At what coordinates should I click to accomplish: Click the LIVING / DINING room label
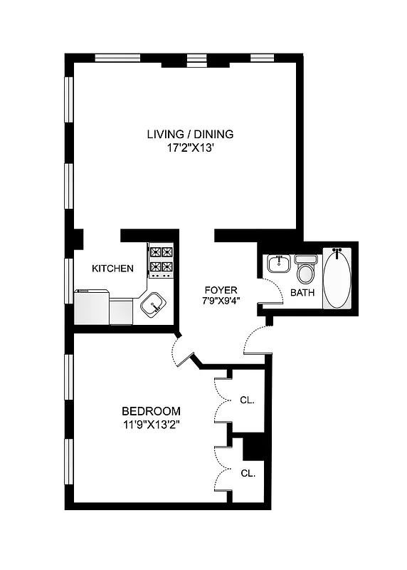(190, 133)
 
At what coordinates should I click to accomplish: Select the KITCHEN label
(112, 269)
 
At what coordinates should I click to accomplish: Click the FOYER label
(221, 290)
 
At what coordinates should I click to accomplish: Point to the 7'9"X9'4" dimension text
(221, 301)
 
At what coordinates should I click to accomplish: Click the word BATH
(303, 292)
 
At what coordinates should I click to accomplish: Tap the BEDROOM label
(151, 411)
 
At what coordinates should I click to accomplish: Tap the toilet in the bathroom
(306, 271)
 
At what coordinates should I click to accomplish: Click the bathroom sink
(278, 264)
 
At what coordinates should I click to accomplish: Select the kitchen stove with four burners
(162, 260)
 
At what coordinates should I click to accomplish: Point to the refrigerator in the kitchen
(92, 307)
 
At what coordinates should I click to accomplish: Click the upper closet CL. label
(247, 400)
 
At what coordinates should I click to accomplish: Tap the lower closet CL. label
(247, 472)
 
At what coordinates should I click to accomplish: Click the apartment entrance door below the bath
(255, 340)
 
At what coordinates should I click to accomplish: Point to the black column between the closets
(253, 449)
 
